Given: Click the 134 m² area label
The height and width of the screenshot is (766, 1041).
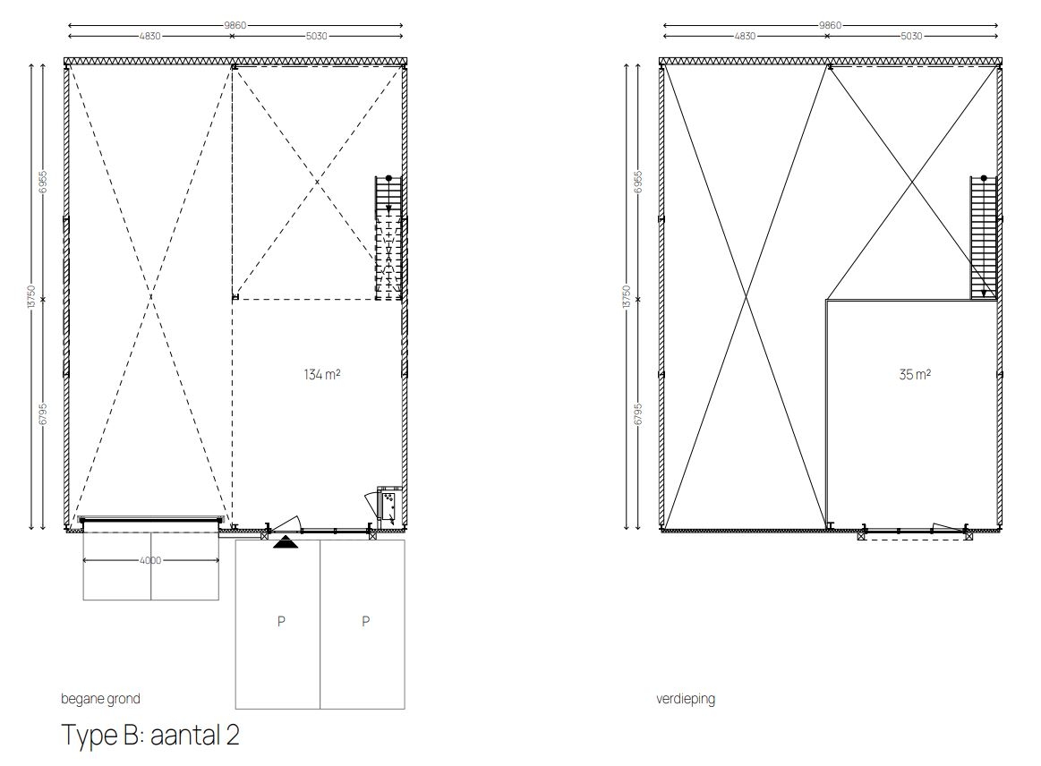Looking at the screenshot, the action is click(x=322, y=374).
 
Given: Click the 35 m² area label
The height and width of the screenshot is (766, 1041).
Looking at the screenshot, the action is click(x=914, y=374).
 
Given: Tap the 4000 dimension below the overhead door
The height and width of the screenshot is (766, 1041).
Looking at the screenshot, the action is click(x=150, y=560).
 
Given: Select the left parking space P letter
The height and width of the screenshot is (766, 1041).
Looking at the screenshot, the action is click(x=281, y=621).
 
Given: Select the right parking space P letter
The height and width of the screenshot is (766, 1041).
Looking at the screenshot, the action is click(x=365, y=621).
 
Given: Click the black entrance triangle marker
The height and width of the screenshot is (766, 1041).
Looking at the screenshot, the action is click(x=286, y=542).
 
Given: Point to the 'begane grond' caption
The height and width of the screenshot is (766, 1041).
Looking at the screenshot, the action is click(x=100, y=698).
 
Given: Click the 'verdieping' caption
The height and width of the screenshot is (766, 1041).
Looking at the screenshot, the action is click(x=685, y=698).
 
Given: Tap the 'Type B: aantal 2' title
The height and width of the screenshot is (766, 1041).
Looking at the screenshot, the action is click(x=150, y=735).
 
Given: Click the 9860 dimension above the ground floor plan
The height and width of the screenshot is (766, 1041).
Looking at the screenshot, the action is click(x=235, y=25).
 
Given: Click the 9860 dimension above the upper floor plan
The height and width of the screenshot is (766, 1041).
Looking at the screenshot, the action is click(x=830, y=25).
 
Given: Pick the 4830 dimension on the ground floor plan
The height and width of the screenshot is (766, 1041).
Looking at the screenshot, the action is click(x=149, y=36).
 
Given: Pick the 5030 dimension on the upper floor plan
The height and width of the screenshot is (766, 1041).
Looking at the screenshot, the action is click(x=911, y=36).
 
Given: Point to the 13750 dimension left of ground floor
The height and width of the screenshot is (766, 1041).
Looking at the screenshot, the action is click(x=31, y=297).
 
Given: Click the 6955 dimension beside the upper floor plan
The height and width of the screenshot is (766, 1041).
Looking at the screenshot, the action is click(x=639, y=182).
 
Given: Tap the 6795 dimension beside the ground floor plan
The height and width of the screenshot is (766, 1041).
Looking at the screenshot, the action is click(x=43, y=414).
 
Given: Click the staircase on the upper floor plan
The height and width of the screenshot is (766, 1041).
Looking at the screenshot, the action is click(x=983, y=238).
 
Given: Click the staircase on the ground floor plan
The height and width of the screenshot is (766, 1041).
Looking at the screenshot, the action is click(x=388, y=238).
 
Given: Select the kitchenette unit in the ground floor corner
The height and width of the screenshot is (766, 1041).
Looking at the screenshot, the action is click(x=388, y=506).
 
